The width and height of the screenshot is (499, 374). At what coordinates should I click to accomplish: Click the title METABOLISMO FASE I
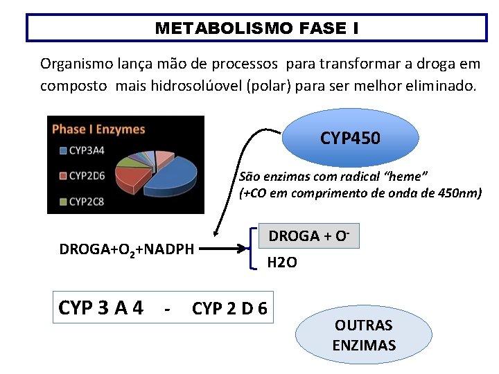click(256, 28)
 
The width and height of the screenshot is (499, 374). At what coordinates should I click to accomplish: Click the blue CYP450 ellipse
click(350, 139)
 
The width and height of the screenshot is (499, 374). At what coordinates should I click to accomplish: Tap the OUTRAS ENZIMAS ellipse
click(363, 335)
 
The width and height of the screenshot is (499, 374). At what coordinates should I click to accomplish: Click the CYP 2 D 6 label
click(229, 308)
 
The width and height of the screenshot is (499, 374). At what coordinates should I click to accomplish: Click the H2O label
click(282, 262)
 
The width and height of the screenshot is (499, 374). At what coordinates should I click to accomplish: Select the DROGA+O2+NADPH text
click(126, 249)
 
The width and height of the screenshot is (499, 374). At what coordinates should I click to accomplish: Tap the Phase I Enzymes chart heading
click(98, 129)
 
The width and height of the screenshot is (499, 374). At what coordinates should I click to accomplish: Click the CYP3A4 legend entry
click(87, 150)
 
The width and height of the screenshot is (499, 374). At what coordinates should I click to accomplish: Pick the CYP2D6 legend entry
click(87, 176)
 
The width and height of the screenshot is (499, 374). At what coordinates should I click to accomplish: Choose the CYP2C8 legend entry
click(87, 202)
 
